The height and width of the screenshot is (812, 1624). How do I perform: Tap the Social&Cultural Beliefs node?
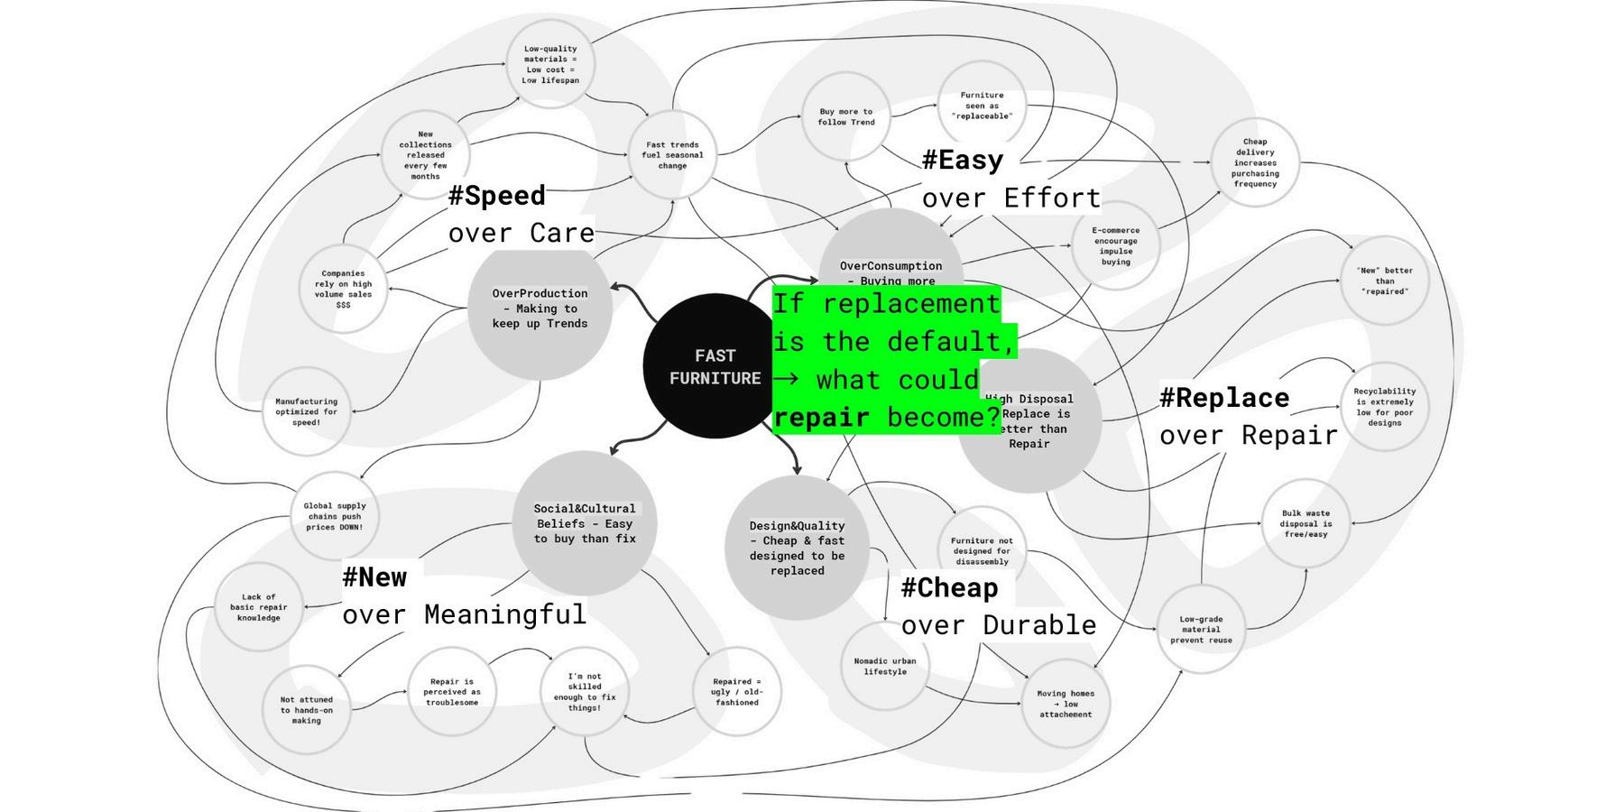click(585, 523)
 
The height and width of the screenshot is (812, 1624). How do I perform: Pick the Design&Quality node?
click(797, 548)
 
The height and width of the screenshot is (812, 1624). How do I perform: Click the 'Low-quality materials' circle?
click(550, 64)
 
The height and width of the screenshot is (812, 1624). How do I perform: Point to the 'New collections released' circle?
click(425, 155)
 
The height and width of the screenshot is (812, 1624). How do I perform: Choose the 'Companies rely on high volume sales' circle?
click(343, 289)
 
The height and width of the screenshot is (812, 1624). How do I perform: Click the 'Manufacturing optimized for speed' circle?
click(306, 411)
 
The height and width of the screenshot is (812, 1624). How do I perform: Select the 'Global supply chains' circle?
click(335, 517)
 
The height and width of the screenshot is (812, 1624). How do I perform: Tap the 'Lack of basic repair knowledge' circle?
click(259, 607)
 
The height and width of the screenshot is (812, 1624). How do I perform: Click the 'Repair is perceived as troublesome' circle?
click(451, 692)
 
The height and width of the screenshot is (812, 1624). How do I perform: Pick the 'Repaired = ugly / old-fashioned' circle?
click(736, 692)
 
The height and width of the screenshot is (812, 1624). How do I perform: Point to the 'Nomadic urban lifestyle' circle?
click(884, 666)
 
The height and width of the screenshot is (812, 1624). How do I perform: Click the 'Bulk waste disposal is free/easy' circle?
click(1306, 523)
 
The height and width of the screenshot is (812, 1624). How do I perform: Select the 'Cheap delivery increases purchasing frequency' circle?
click(1255, 162)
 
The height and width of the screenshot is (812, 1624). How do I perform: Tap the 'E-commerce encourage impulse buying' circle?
click(1115, 245)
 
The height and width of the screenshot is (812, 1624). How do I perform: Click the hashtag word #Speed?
click(497, 196)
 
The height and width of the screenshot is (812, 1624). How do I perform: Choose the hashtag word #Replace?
click(1224, 398)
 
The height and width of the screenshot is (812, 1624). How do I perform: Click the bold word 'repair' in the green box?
click(821, 418)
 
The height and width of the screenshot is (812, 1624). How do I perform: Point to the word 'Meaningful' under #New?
click(504, 615)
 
